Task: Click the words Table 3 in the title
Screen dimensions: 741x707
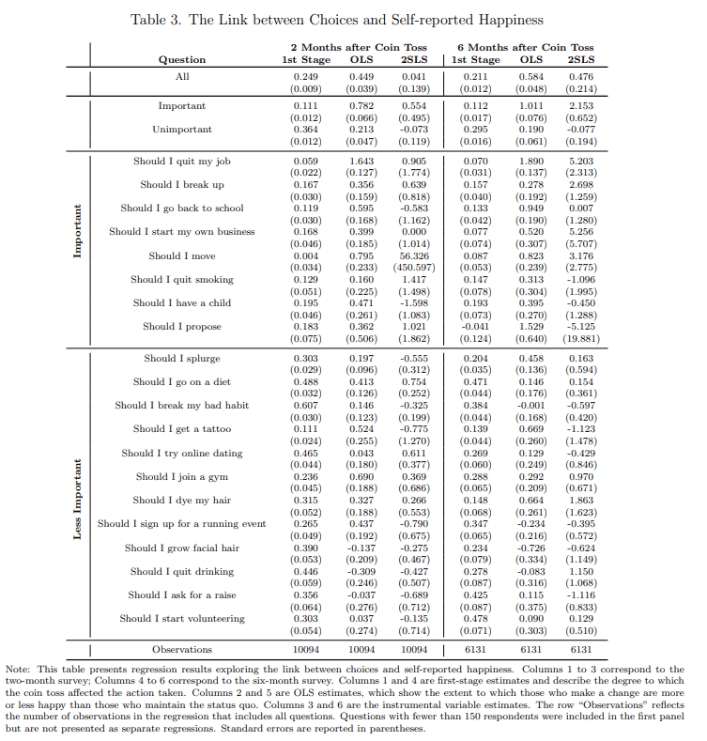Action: pyautogui.click(x=160, y=20)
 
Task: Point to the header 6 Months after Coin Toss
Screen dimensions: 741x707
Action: pyautogui.click(x=526, y=47)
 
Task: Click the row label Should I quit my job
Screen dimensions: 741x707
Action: pyautogui.click(x=181, y=162)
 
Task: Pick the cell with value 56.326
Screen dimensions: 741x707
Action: pyautogui.click(x=413, y=255)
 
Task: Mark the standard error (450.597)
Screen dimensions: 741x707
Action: pyautogui.click(x=413, y=268)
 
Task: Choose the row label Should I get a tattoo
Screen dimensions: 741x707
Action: pyautogui.click(x=181, y=429)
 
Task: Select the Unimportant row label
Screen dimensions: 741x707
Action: pyautogui.click(x=181, y=130)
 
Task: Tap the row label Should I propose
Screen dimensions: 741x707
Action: pyautogui.click(x=181, y=327)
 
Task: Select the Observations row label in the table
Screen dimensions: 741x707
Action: pyautogui.click(x=181, y=649)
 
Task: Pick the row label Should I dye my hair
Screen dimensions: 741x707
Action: pyautogui.click(x=181, y=501)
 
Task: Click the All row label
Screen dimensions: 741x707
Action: pyautogui.click(x=181, y=76)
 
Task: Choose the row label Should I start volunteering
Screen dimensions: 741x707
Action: pyautogui.click(x=181, y=619)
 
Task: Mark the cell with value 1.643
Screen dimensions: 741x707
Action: pyautogui.click(x=361, y=162)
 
